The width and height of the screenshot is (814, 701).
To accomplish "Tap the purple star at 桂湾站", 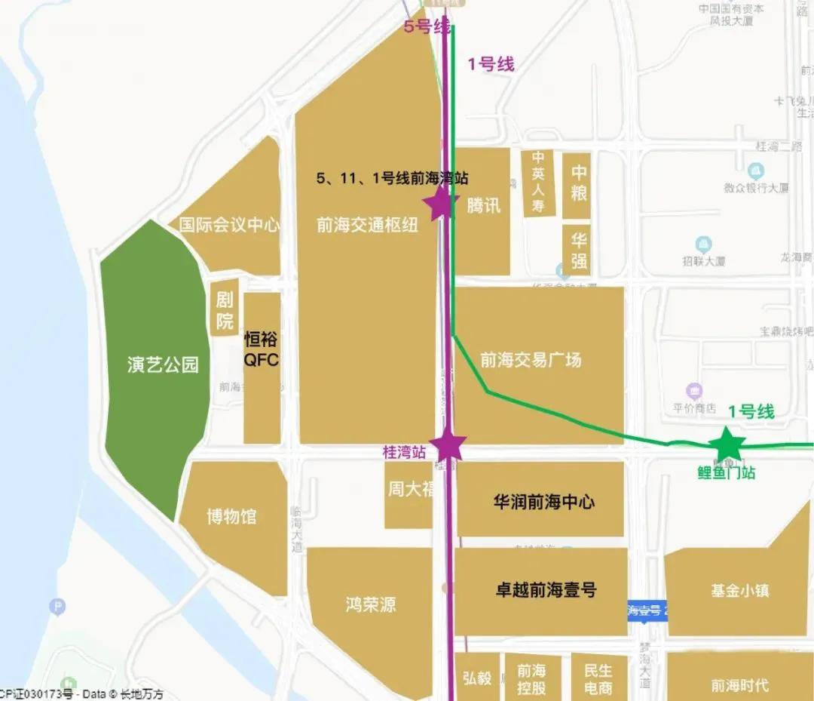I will tap(448, 445).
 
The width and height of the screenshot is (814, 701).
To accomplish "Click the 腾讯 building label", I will tap(483, 204).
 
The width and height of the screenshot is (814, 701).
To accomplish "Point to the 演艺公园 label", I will tap(163, 365).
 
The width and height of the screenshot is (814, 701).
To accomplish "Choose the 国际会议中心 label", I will tap(230, 225).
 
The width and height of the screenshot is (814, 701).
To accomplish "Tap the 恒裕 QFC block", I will tap(262, 349).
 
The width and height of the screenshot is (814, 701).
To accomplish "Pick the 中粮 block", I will tap(578, 183).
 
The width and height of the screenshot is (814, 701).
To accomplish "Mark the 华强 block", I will tap(578, 251).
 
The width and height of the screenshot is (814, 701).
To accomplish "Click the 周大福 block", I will tap(409, 490).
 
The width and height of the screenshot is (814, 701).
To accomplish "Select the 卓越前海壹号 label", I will tap(545, 590).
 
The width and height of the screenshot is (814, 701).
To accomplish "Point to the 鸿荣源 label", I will tap(371, 604).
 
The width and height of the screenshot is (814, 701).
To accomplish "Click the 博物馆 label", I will tap(231, 517).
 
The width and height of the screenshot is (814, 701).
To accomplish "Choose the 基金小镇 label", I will tap(739, 591).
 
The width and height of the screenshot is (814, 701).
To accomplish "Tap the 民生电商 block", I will tap(598, 678).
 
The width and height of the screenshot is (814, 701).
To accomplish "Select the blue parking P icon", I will tap(57, 606).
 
